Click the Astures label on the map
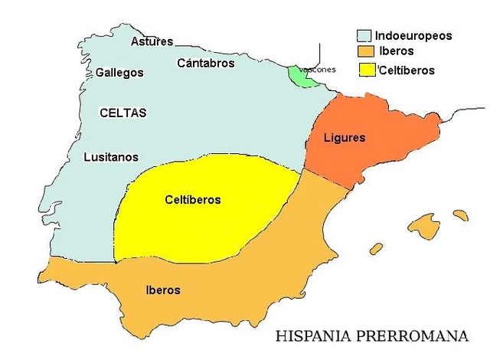(x=152, y=41)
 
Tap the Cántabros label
(x=205, y=64)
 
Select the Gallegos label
(x=119, y=73)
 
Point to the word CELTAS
(x=122, y=113)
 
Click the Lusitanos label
(x=111, y=157)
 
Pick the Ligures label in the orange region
(x=345, y=138)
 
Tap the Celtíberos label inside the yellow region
(x=193, y=200)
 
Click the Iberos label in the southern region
(x=162, y=290)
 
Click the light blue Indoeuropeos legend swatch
(x=364, y=36)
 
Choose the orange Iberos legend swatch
(x=364, y=52)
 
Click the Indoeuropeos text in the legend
(x=413, y=36)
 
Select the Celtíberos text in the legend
(x=407, y=70)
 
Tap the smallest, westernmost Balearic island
(x=376, y=248)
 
